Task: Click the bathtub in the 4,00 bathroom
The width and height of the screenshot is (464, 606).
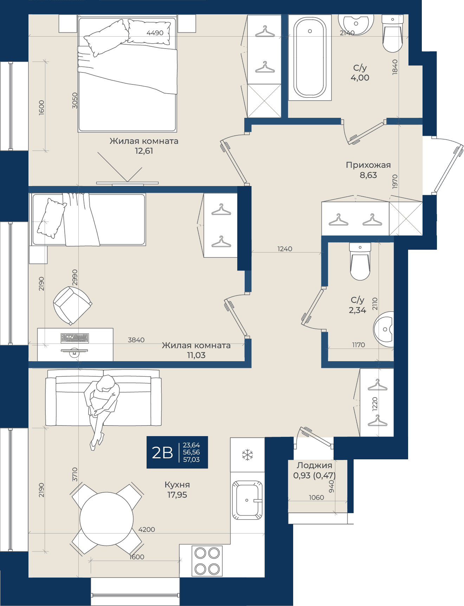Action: (310, 57)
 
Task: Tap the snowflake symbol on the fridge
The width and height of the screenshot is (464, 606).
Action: (247, 455)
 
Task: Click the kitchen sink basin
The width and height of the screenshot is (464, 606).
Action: (247, 500)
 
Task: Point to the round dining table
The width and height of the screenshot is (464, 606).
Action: (107, 519)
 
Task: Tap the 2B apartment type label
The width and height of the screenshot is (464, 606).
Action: (162, 453)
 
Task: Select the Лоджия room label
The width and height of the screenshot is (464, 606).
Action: (314, 465)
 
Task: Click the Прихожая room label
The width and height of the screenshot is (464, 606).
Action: (368, 165)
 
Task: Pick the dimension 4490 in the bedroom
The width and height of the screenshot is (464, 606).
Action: (155, 33)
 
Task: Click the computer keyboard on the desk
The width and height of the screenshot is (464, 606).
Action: (75, 338)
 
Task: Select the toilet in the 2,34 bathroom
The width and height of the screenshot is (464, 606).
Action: (360, 261)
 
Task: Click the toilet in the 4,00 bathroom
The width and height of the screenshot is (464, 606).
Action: (393, 33)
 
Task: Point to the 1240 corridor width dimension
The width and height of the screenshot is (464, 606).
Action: (285, 249)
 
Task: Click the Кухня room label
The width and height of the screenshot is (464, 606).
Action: (177, 485)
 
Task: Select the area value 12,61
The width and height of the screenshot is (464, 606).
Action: (144, 151)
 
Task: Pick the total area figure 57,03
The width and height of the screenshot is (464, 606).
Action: (191, 460)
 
